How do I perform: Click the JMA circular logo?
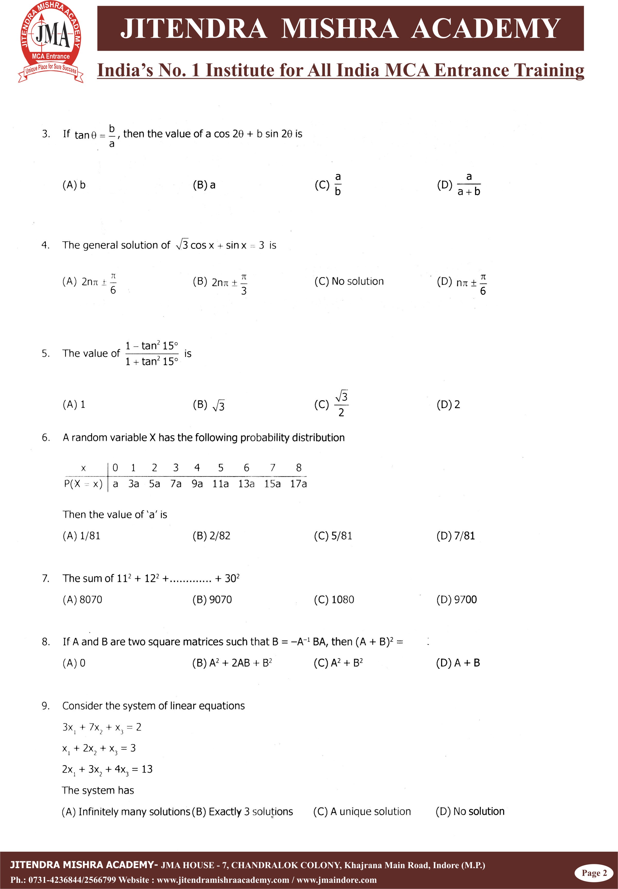[51, 41]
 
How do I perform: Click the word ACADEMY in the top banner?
[486, 29]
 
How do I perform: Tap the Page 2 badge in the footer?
[594, 873]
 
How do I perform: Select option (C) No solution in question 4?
[349, 281]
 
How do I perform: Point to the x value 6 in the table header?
[246, 467]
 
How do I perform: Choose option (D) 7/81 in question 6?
[455, 536]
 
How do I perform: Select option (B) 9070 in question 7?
[212, 600]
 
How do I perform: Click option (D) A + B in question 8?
[458, 663]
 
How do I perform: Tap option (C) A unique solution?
[362, 811]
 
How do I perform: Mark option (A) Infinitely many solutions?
[126, 811]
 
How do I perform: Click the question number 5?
[46, 353]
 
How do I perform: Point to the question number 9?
[46, 706]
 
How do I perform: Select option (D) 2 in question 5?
[448, 404]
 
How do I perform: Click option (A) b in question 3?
[74, 185]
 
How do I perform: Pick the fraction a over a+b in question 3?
[469, 184]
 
